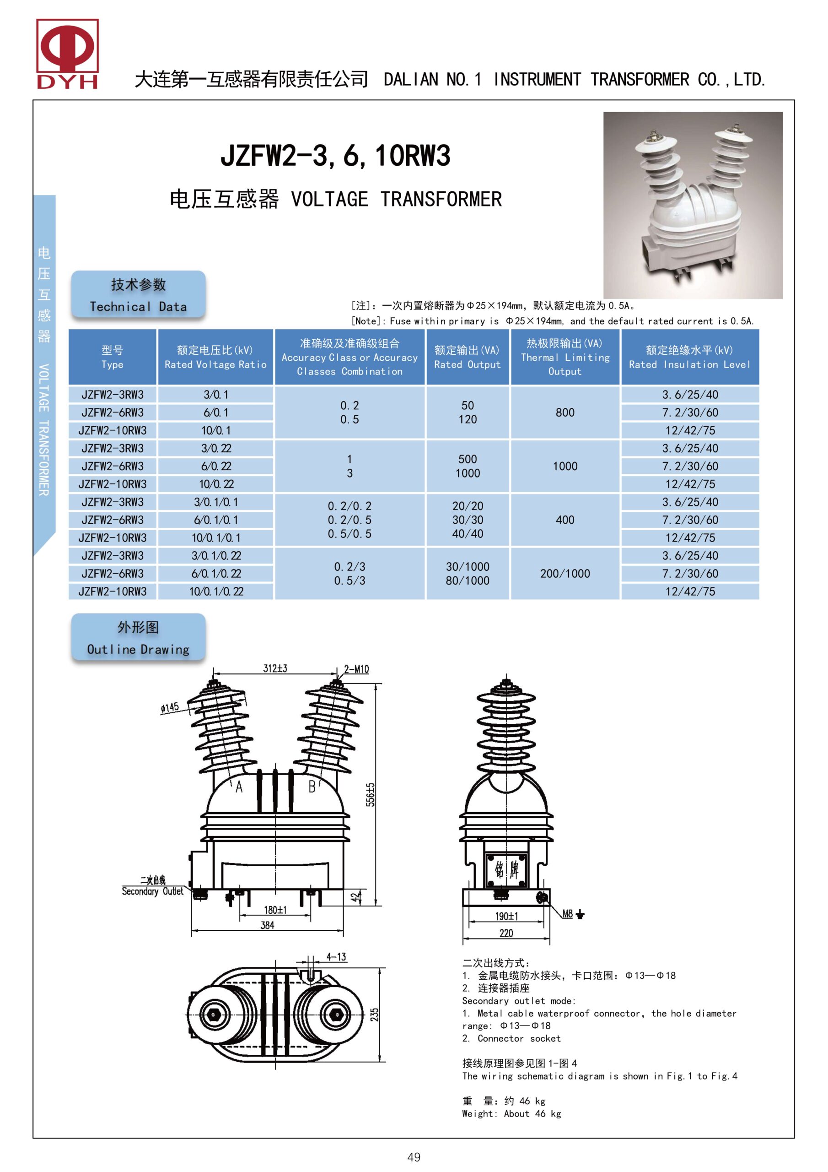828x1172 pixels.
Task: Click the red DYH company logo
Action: point(67,54)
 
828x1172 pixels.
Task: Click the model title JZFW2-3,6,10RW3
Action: point(335,155)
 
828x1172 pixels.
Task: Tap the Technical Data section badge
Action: point(138,295)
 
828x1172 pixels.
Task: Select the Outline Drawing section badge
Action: point(138,638)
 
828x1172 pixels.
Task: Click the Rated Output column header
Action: point(468,357)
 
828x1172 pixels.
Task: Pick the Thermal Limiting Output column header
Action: point(565,357)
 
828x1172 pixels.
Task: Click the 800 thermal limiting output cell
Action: point(565,412)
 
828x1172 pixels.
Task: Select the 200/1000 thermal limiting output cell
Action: point(565,574)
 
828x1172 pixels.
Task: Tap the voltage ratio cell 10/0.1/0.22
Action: point(216,591)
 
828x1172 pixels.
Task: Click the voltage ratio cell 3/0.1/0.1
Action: point(216,502)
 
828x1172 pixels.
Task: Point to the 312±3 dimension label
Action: point(275,668)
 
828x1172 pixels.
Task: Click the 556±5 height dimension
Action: point(371,794)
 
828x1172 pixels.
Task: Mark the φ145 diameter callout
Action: point(170,707)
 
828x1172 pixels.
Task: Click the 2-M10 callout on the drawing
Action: point(356,669)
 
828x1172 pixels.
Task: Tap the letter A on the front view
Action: point(239,787)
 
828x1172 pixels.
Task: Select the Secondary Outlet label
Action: point(152,891)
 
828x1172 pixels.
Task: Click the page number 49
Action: point(414,1157)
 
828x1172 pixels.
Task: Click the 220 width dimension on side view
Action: point(506,933)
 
